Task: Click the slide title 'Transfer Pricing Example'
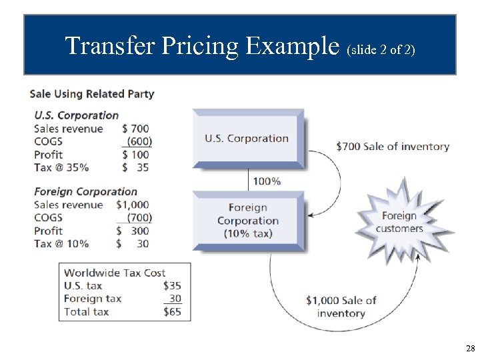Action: click(203, 46)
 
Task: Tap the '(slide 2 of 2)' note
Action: click(381, 49)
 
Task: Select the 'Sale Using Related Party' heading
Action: click(92, 94)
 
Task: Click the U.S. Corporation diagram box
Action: click(247, 138)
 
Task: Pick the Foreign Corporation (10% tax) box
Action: click(247, 220)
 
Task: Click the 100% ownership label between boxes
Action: click(267, 181)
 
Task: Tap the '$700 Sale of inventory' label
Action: click(393, 146)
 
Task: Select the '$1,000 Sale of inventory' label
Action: click(341, 307)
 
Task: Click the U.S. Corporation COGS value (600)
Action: click(139, 141)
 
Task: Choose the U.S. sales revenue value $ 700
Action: click(136, 128)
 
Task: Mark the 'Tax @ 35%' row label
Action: click(61, 167)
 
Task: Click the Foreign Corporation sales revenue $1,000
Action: click(133, 205)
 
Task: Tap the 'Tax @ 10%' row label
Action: click(61, 243)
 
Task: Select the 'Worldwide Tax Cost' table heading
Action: click(115, 272)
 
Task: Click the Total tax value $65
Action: click(172, 311)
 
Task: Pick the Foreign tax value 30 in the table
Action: click(175, 299)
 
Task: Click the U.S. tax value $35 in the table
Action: click(172, 285)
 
